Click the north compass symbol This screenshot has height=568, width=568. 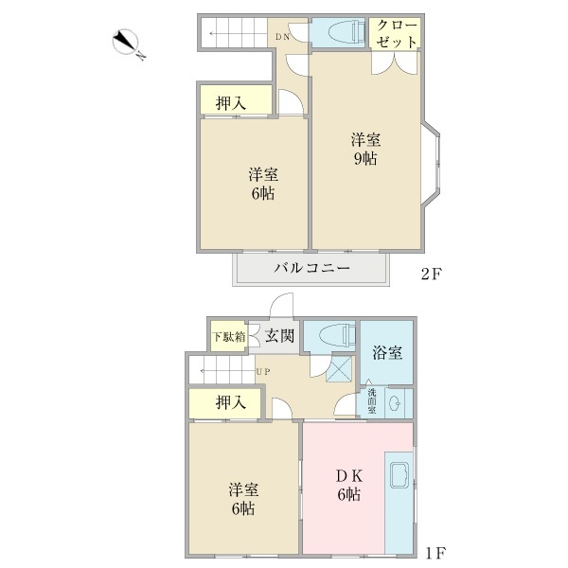pyautogui.click(x=127, y=44)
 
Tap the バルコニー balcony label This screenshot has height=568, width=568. pyautogui.click(x=312, y=269)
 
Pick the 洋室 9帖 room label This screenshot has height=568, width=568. pyautogui.click(x=365, y=150)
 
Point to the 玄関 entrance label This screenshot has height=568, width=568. pyautogui.click(x=279, y=335)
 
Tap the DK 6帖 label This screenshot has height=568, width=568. pyautogui.click(x=346, y=486)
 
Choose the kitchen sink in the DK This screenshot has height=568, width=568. pyautogui.click(x=398, y=471)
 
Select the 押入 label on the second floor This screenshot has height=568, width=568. pyautogui.click(x=231, y=102)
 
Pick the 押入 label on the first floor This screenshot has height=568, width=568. pyautogui.click(x=231, y=403)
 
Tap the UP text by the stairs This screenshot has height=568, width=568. pyautogui.click(x=262, y=371)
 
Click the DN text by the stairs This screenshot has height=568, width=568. pyautogui.click(x=282, y=38)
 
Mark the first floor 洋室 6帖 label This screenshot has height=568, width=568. pyautogui.click(x=242, y=499)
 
